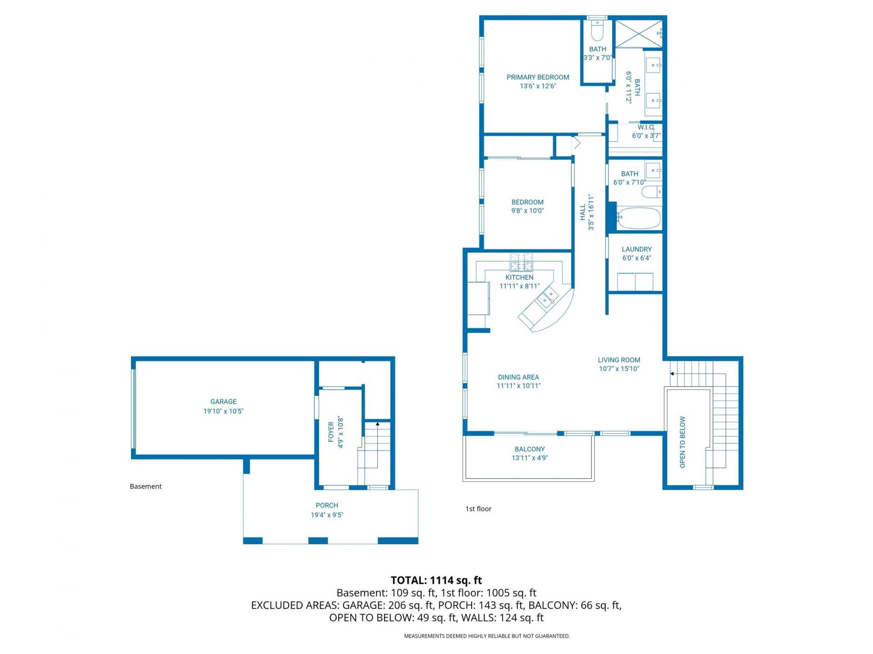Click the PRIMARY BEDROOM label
pos(538,77)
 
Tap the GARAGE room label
pos(223,401)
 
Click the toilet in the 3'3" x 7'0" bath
pos(597,32)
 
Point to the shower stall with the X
pos(638,33)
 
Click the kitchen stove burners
pos(521,262)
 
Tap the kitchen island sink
pos(547,297)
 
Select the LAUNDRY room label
pos(637,249)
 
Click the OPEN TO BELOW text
pos(682,442)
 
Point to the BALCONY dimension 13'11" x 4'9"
pos(530,458)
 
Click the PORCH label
pos(327,505)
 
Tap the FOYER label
pos(331,431)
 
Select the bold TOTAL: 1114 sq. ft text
pos(436,580)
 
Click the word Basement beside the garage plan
pos(145,486)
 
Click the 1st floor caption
pos(478,509)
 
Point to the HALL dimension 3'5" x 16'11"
pos(591,213)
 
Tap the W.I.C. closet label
pos(646,127)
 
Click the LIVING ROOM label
pos(619,360)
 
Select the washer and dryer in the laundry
pos(635,282)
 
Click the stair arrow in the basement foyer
pos(377,425)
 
